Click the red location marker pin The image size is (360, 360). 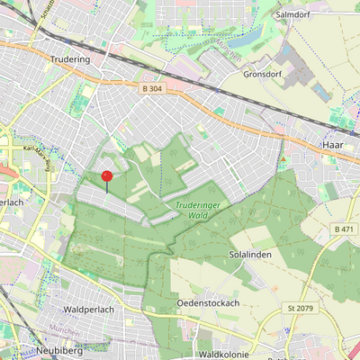107,176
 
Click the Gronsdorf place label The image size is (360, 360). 263,74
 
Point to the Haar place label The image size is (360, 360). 332,144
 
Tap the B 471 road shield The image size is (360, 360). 343,229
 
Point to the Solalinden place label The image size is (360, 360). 250,255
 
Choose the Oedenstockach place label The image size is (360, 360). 208,303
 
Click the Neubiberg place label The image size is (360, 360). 60,350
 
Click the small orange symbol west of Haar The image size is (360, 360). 283,159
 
